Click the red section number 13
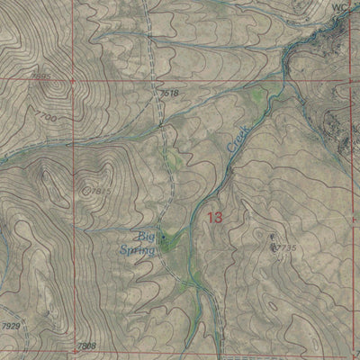[x=214, y=217]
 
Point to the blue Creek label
[x=238, y=139]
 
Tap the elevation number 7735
[x=285, y=247]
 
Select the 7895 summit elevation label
[x=40, y=77]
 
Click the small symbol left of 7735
[x=272, y=238]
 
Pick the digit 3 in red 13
[x=219, y=217]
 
